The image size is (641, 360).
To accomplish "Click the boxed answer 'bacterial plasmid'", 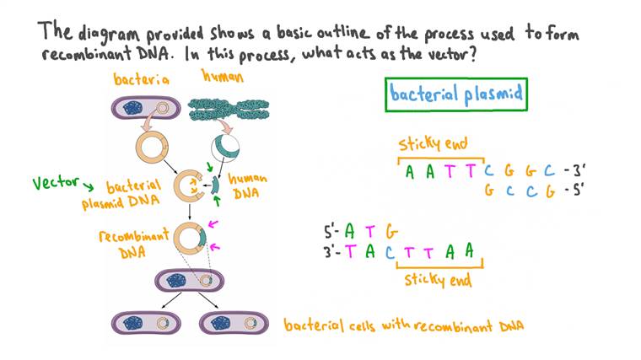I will point(456,95).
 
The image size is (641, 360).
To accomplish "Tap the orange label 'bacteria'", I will point(141,79).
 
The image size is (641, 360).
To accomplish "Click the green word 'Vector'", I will point(55,182).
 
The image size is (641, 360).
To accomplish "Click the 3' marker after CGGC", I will point(575,173).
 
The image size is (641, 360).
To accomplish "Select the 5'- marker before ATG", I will point(333,229).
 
